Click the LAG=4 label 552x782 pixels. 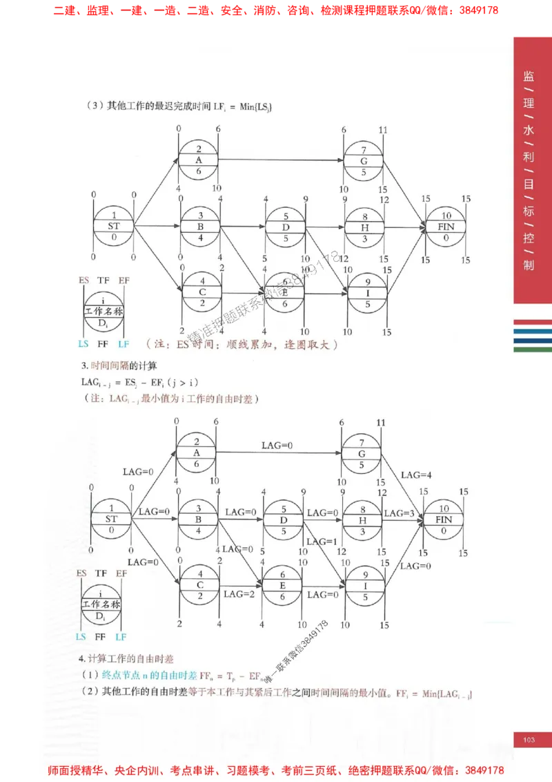pyautogui.click(x=416, y=475)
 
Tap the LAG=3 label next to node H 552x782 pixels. pyautogui.click(x=398, y=513)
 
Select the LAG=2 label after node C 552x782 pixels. pyautogui.click(x=238, y=593)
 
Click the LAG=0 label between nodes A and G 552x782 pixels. pyautogui.click(x=277, y=446)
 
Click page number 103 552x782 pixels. pyautogui.click(x=529, y=740)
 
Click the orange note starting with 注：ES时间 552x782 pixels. pyautogui.click(x=242, y=343)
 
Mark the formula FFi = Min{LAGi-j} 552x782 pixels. pyautogui.click(x=434, y=692)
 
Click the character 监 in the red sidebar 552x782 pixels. pyautogui.click(x=529, y=77)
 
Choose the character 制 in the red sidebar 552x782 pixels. pyautogui.click(x=529, y=265)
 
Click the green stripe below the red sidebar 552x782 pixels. pyautogui.click(x=532, y=350)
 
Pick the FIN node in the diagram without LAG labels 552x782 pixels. pyautogui.click(x=446, y=227)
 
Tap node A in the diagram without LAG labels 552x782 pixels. pyautogui.click(x=199, y=160)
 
